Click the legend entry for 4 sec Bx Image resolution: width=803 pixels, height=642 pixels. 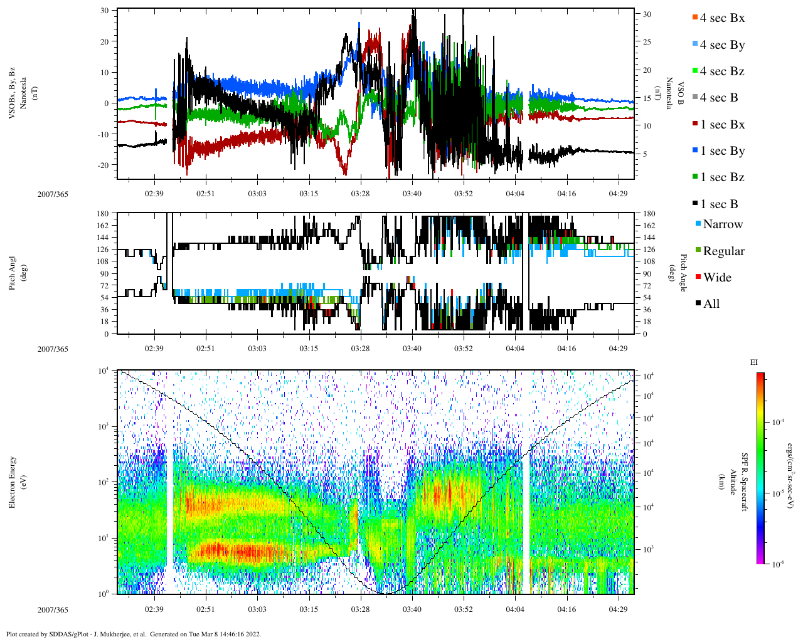721,18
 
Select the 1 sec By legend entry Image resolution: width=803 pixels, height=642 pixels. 721,151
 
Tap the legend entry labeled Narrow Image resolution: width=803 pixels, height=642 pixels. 722,224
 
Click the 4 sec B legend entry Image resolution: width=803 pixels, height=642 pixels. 718,98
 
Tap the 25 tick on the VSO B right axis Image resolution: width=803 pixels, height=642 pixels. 647,42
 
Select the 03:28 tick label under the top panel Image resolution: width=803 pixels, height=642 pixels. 360,193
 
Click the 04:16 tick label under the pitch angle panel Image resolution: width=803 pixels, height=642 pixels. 566,349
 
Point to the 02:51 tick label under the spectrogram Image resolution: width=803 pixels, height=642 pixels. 205,609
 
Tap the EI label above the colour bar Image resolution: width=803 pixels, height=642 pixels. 754,362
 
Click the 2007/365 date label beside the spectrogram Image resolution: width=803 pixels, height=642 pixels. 53,609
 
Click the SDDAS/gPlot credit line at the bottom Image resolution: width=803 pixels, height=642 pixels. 134,634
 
